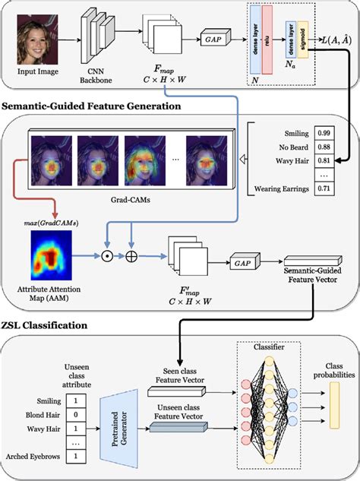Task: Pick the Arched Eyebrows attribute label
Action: click(32, 455)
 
